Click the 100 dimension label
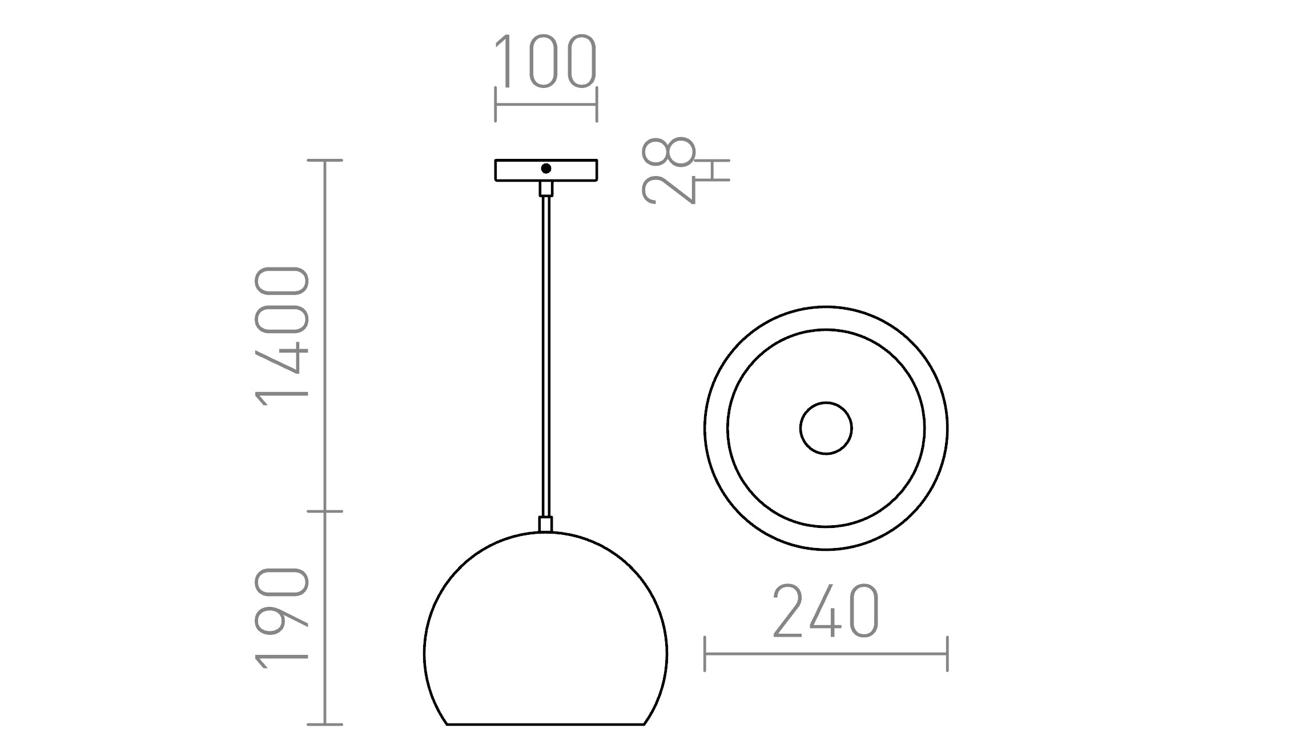click(545, 62)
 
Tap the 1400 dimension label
click(282, 336)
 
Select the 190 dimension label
click(282, 618)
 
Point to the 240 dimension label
click(826, 611)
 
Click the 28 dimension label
click(668, 170)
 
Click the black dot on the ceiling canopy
click(546, 169)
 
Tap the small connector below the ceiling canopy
click(546, 189)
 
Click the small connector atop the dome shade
click(546, 524)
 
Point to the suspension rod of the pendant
click(546, 354)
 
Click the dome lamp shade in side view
click(545, 640)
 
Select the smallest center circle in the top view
click(826, 428)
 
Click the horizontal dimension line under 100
click(545, 105)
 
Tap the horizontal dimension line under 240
click(826, 654)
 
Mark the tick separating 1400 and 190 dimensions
click(325, 511)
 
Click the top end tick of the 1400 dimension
click(325, 161)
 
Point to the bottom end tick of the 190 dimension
click(325, 725)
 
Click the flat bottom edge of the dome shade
click(545, 725)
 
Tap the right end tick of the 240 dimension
click(947, 654)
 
